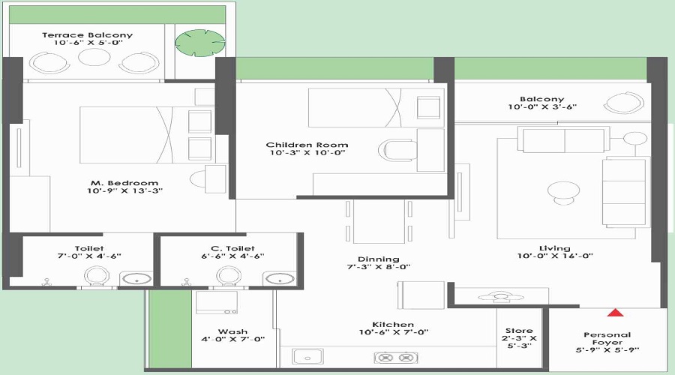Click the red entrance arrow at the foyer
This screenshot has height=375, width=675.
tap(615, 312)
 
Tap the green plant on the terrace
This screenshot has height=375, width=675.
tap(200, 43)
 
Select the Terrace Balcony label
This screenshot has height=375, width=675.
tap(88, 34)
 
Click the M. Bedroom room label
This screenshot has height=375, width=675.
tap(124, 183)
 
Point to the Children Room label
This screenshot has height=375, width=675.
tap(307, 145)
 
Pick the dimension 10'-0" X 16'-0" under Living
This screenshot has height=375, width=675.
tap(555, 256)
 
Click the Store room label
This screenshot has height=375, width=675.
tap(519, 331)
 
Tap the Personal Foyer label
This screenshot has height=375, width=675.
tap(607, 338)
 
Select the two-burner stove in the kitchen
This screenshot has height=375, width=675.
tap(395, 357)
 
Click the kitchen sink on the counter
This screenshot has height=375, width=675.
tap(307, 357)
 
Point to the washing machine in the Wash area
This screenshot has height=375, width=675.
tap(217, 303)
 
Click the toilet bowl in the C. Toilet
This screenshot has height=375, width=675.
tap(229, 276)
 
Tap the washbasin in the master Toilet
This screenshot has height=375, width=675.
tap(136, 279)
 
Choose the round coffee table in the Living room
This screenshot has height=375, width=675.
tap(563, 193)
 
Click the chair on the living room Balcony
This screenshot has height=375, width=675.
tap(624, 103)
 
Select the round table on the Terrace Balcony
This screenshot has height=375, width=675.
tap(94, 57)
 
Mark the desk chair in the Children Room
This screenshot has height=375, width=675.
tap(397, 150)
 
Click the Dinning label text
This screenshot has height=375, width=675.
tap(379, 259)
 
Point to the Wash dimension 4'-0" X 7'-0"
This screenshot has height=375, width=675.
tap(233, 339)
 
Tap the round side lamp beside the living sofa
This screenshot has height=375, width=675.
tap(635, 138)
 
